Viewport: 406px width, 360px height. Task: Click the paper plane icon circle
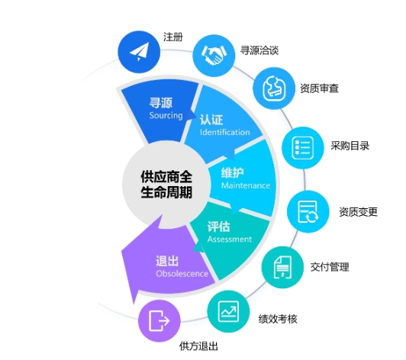(139, 52)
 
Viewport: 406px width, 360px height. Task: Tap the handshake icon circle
(214, 55)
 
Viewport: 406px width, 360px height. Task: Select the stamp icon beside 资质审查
(274, 88)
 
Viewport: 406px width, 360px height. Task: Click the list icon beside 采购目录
(303, 147)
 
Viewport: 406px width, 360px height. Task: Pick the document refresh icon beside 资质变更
(308, 211)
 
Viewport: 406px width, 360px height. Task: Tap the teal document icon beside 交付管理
(282, 267)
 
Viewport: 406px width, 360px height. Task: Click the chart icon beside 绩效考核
(228, 311)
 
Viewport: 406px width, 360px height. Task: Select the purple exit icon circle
(159, 320)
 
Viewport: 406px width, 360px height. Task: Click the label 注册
(173, 37)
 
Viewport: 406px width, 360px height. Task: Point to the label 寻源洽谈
(259, 50)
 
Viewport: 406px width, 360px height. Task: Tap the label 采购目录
(350, 146)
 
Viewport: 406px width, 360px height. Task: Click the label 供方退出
(198, 346)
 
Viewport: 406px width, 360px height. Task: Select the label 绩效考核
(278, 319)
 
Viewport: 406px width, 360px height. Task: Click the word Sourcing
(166, 115)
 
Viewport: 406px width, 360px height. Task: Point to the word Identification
(224, 132)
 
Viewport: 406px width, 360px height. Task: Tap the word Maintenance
(246, 185)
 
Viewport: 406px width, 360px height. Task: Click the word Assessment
(230, 239)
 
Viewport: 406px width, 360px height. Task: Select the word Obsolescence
(182, 274)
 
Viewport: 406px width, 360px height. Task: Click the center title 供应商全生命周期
(166, 185)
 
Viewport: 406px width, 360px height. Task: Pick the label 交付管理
(330, 267)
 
